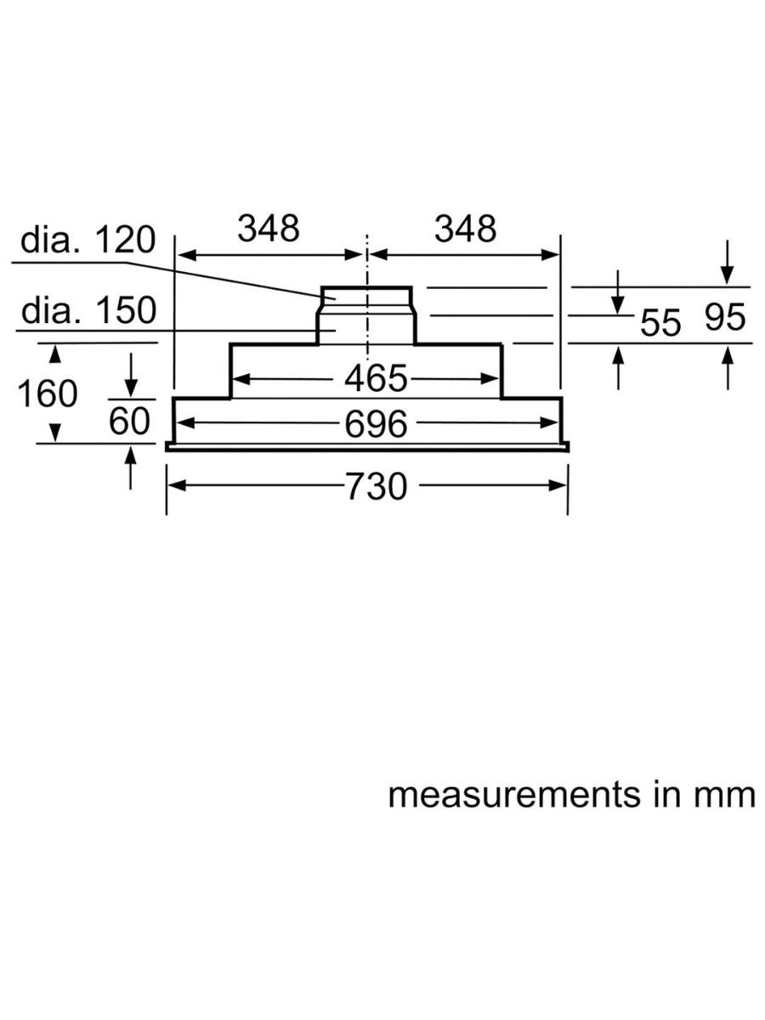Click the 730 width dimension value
377,487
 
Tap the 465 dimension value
376,379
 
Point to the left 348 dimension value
269,228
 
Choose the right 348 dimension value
465,228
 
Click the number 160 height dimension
47,394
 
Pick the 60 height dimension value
129,422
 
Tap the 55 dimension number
660,323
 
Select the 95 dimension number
724,318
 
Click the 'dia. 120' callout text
88,241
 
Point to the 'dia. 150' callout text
88,311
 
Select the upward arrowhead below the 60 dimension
130,456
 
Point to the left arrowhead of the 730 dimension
174,485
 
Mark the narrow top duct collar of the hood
366,295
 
